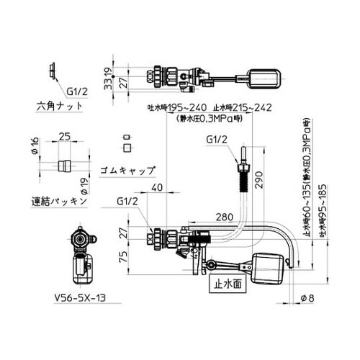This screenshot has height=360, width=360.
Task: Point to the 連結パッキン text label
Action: (x=59, y=201)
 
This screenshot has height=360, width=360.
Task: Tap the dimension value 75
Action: (x=124, y=256)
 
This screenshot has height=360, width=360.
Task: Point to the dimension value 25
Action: (x=63, y=135)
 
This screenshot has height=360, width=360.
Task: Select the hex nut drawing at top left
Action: (x=53, y=71)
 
